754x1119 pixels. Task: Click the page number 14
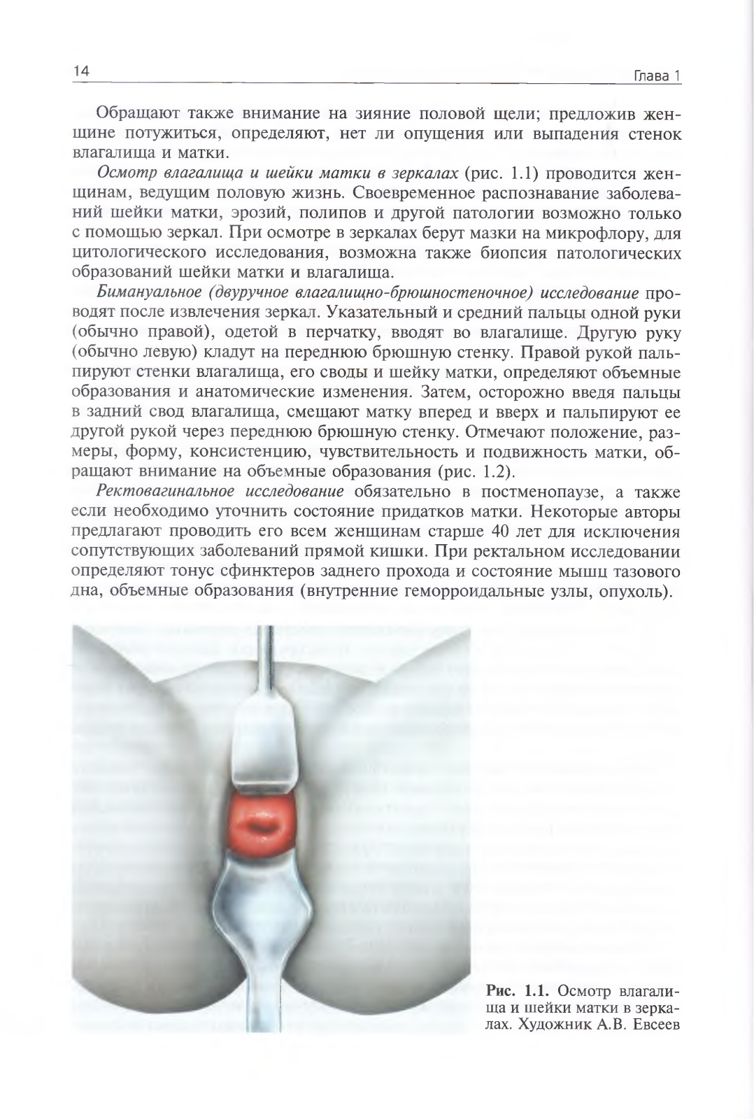tap(80, 71)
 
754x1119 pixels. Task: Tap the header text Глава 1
tap(657, 76)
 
